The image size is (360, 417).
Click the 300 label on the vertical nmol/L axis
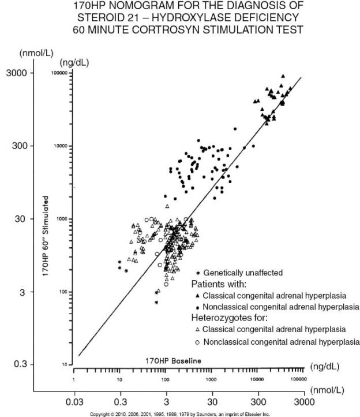pyautogui.click(x=22, y=146)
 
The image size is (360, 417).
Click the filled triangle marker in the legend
pyautogui.click(x=197, y=295)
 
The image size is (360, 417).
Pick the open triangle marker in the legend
pyautogui.click(x=197, y=329)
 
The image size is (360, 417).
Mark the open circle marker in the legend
pyautogui.click(x=197, y=341)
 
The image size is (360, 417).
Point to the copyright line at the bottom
pyautogui.click(x=180, y=414)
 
